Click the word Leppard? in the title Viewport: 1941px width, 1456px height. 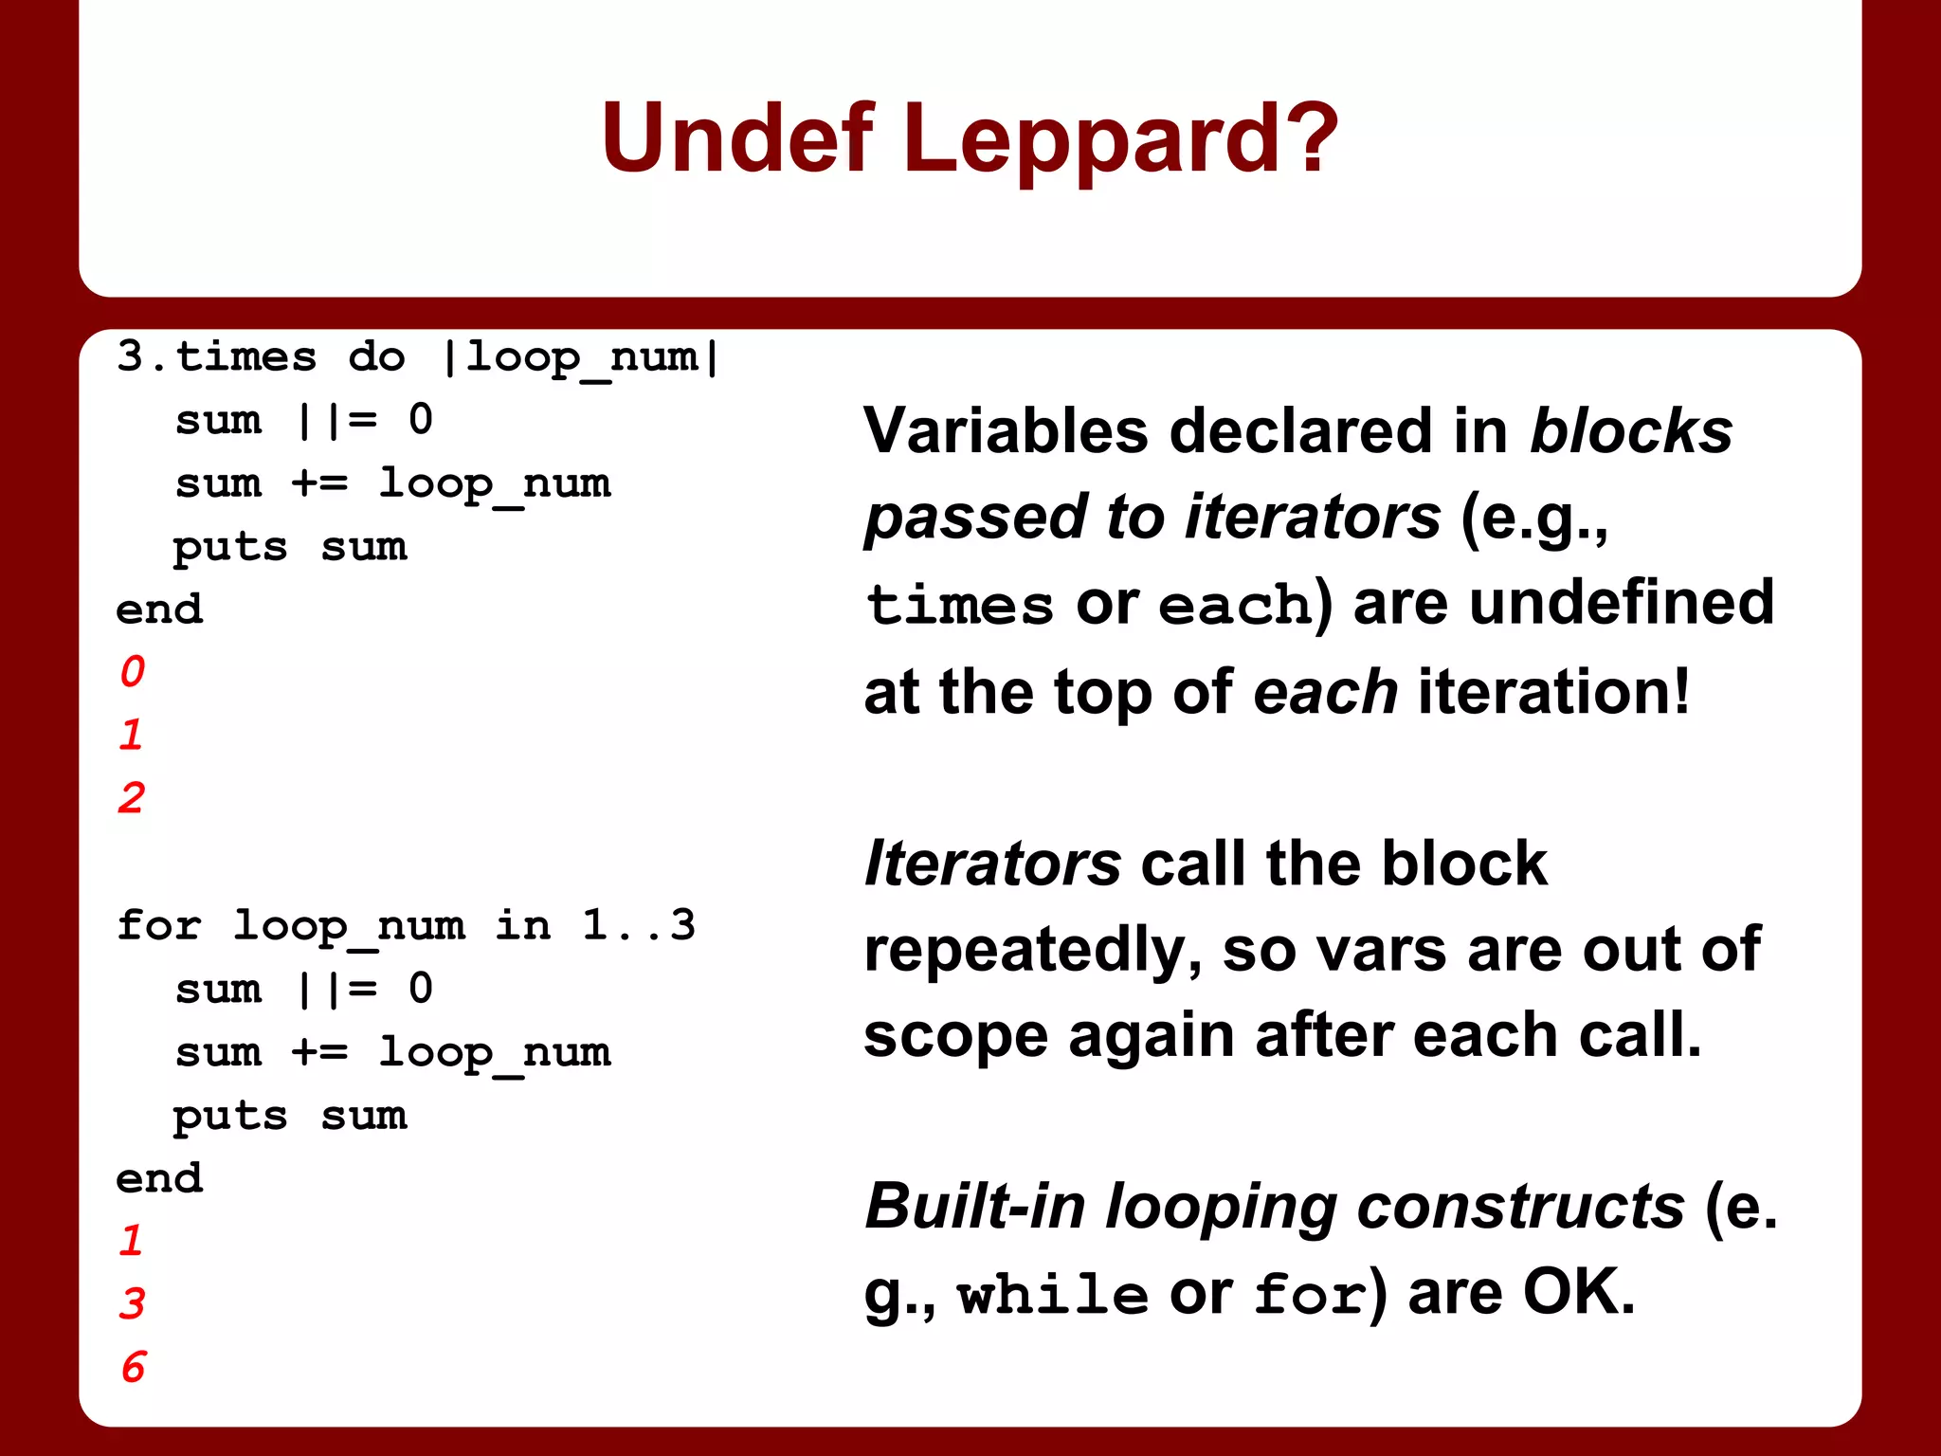[1120, 139]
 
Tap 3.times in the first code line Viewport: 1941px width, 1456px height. [217, 357]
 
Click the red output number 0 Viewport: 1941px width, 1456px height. [133, 671]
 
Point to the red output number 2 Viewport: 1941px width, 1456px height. [132, 797]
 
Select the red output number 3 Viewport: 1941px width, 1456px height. [133, 1303]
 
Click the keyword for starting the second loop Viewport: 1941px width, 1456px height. [158, 924]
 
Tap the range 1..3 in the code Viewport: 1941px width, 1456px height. [639, 924]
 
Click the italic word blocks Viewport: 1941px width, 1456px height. [1631, 431]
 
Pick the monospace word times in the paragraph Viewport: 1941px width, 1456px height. [959, 605]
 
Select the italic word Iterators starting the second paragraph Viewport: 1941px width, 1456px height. [992, 864]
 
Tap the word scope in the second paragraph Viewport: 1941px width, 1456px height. [955, 1036]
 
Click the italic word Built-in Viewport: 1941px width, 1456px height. [975, 1206]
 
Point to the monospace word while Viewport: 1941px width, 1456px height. [1052, 1294]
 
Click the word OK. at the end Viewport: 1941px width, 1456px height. [1579, 1292]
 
